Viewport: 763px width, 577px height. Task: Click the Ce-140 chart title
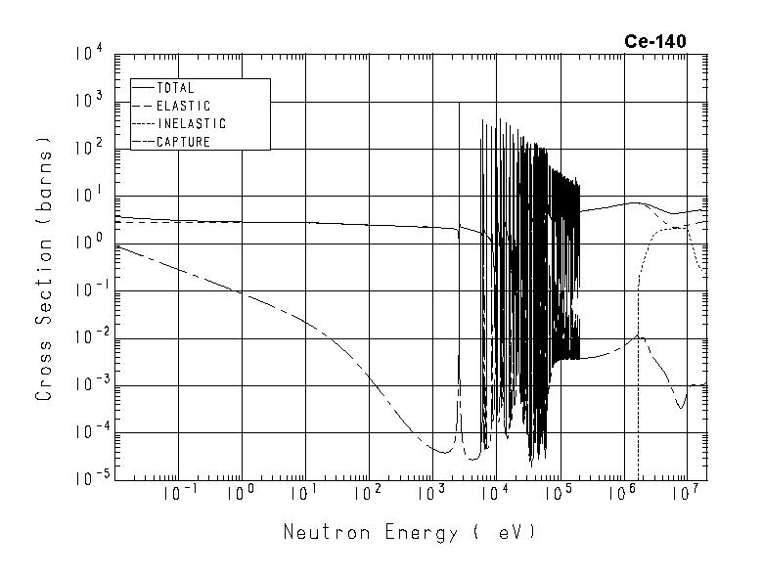[655, 41]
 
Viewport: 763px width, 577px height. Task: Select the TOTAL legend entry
[175, 88]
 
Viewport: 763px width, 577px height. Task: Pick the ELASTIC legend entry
[183, 106]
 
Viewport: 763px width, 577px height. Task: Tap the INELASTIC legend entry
[191, 124]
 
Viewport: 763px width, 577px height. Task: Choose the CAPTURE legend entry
[183, 142]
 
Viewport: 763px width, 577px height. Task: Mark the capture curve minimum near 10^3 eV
[443, 452]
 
